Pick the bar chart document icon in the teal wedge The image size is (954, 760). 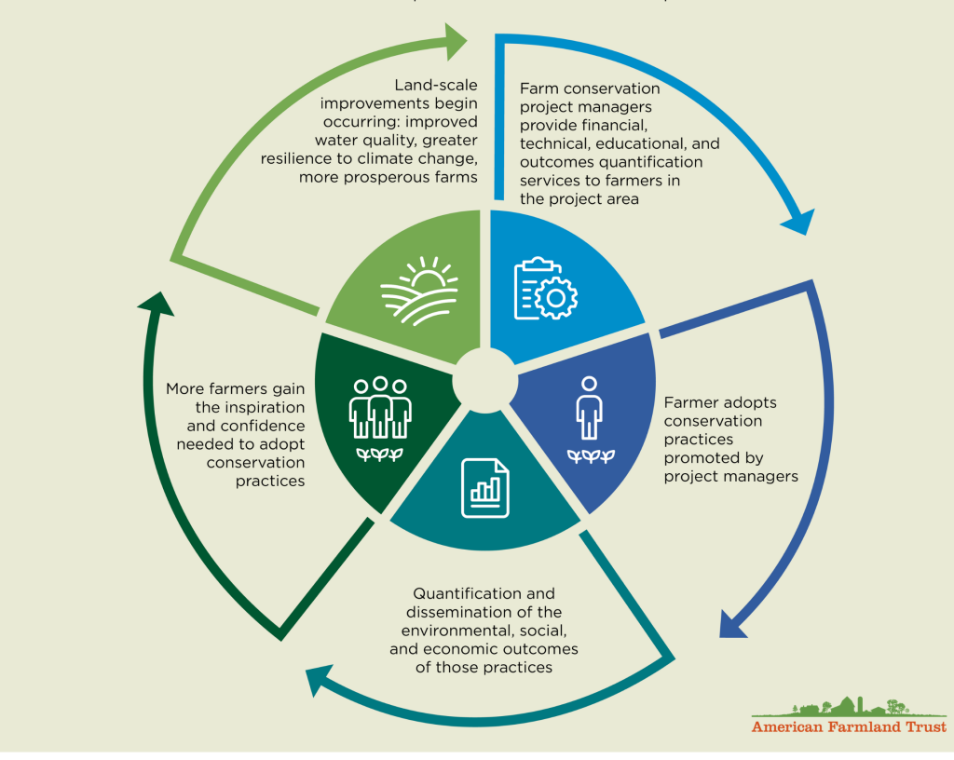485,486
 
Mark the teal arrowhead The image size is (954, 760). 320,682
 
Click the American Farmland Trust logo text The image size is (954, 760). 849,726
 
